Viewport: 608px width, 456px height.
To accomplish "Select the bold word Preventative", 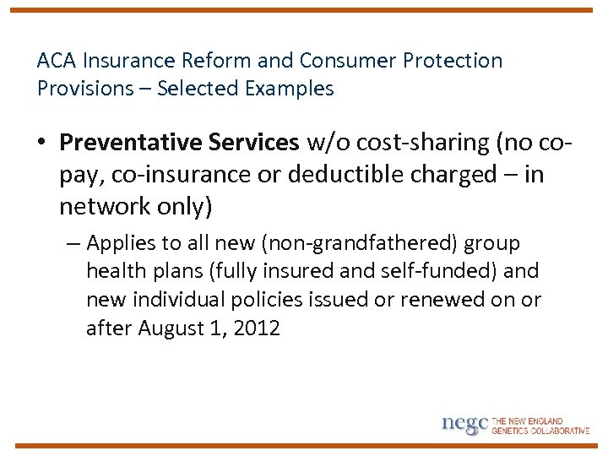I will coord(128,143).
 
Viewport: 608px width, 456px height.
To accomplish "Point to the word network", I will coord(103,205).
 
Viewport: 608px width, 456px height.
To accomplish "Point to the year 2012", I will coord(255,328).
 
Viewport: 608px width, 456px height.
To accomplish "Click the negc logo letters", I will coord(464,424).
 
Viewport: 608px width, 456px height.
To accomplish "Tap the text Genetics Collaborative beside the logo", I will coord(540,430).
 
